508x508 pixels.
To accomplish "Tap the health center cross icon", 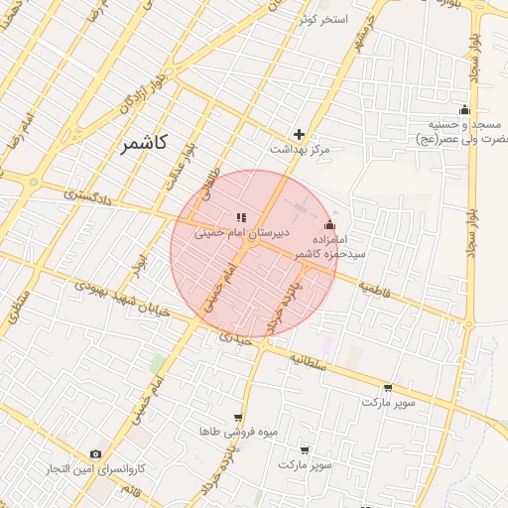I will [x=299, y=134].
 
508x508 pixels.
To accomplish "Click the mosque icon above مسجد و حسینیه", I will [x=463, y=110].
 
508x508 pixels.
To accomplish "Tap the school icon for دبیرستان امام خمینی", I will [x=239, y=217].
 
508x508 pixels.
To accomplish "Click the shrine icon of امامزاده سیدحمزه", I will [x=329, y=225].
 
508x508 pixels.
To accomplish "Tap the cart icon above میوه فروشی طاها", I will [x=237, y=418].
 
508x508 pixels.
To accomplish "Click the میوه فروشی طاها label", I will [x=239, y=433].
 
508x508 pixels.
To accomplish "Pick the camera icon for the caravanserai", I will [x=95, y=453].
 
